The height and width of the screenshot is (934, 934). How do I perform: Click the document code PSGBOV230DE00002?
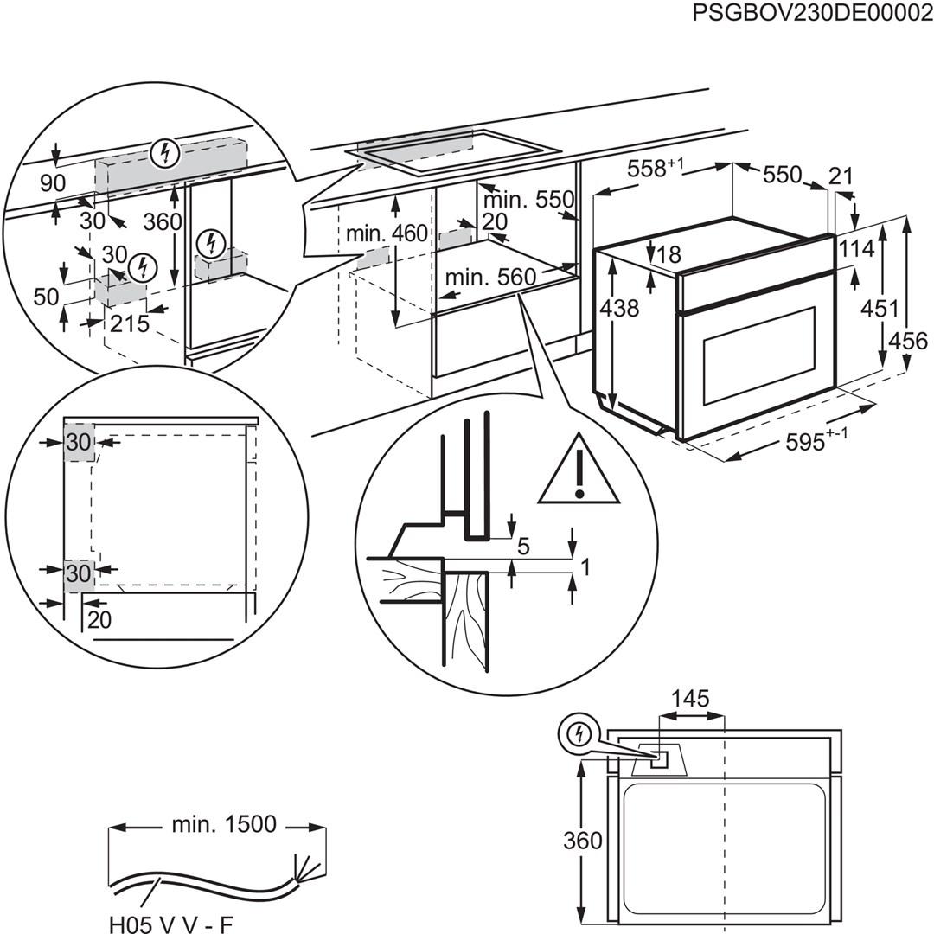(812, 15)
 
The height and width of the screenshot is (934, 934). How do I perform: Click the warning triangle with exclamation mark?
(579, 472)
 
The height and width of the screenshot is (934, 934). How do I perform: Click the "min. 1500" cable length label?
(224, 824)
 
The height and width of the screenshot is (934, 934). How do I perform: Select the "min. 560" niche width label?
(490, 278)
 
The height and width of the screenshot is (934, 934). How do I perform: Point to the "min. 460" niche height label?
(387, 233)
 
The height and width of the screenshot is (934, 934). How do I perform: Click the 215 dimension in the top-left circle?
(131, 324)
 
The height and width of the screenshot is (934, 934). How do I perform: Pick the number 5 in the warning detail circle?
(523, 547)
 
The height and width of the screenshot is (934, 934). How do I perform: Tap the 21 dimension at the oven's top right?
(841, 176)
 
